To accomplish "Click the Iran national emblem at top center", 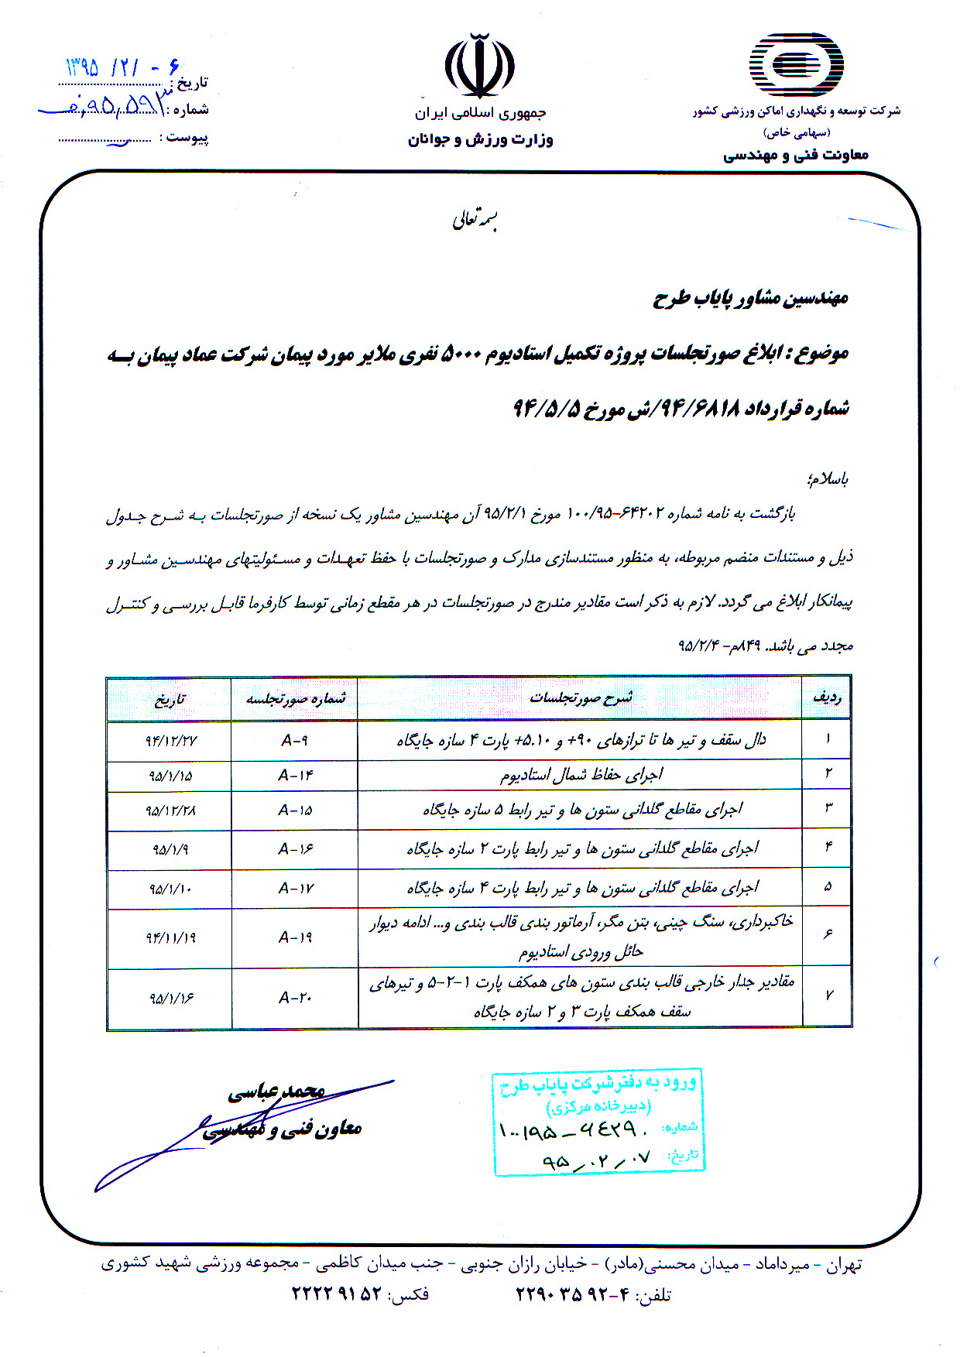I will [479, 65].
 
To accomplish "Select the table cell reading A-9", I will [294, 741].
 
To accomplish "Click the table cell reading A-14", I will [295, 776].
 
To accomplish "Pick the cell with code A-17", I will [296, 889].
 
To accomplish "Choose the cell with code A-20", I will [295, 998].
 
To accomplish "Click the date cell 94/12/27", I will [170, 741].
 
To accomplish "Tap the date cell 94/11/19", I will [170, 937].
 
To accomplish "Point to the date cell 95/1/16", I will [171, 999].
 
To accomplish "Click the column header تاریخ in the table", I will [170, 700].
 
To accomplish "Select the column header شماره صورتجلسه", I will [295, 699].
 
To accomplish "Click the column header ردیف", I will [826, 698].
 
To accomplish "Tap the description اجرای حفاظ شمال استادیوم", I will [580, 775].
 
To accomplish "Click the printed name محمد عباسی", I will [276, 1091].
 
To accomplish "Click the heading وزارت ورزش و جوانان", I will [480, 140].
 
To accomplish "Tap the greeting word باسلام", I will [828, 479].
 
